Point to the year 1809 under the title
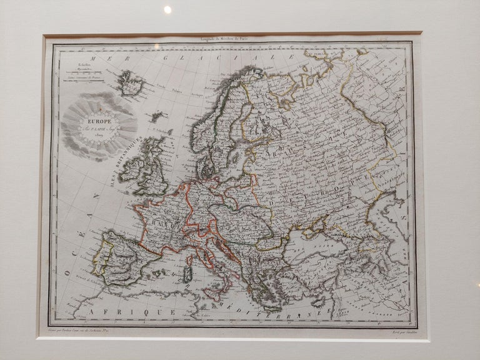(98, 141)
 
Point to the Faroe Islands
(156, 116)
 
